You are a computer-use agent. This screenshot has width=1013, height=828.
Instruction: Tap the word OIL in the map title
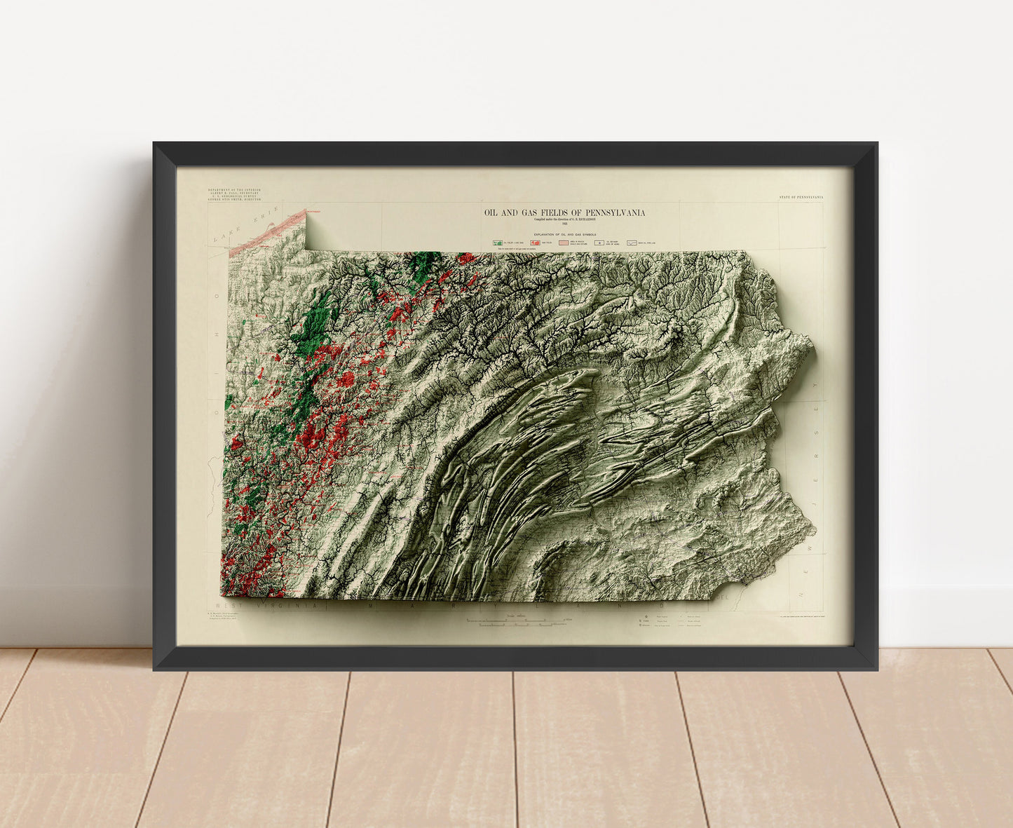click(491, 212)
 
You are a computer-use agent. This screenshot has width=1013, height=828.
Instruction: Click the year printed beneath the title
click(564, 224)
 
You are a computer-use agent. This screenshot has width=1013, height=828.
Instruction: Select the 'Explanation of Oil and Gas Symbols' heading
click(565, 233)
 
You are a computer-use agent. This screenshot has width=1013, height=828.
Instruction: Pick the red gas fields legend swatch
click(534, 242)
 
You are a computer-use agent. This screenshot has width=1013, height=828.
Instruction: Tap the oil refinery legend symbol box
click(599, 242)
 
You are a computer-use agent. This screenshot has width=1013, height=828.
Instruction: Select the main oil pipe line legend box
click(633, 242)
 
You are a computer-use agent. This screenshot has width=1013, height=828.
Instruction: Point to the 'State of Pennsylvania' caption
click(801, 198)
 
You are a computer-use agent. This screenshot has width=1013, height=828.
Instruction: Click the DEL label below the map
click(725, 598)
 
